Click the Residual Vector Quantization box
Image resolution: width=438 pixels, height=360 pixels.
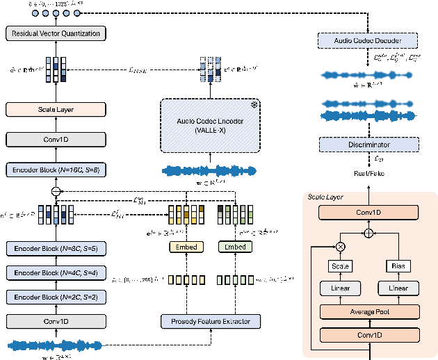(54, 33)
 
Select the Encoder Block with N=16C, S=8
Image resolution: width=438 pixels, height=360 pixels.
(54, 169)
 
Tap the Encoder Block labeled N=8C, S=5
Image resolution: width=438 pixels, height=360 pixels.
(54, 247)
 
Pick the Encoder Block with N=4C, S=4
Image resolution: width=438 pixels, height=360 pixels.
(54, 272)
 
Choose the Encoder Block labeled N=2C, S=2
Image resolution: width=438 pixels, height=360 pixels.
(54, 297)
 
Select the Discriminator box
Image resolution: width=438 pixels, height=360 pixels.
(368, 145)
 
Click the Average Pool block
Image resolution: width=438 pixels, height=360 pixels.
(368, 312)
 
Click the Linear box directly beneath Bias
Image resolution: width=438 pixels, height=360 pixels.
(399, 288)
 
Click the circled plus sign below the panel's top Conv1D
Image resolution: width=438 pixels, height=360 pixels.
(369, 233)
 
